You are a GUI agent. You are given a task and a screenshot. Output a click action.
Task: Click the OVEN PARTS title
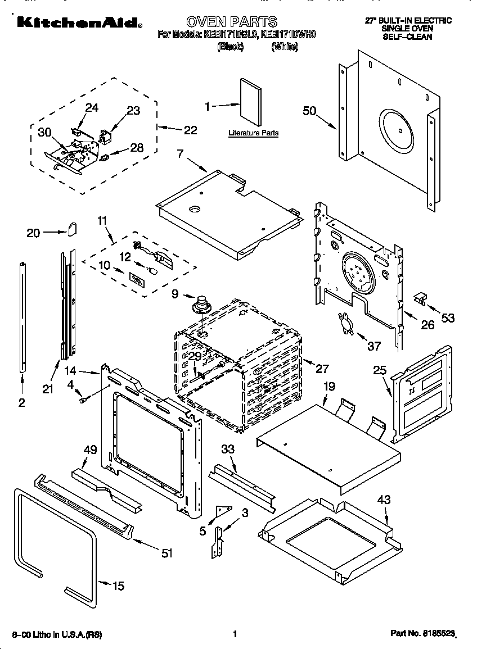[x=232, y=22]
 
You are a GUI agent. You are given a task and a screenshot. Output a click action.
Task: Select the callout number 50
[x=310, y=111]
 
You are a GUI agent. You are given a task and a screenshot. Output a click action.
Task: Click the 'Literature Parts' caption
[x=253, y=133]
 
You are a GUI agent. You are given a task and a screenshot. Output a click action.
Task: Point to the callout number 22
[x=191, y=130]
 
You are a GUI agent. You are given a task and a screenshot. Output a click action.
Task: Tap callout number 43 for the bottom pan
[x=384, y=500]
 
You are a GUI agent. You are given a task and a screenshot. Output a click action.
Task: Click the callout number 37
[x=374, y=346]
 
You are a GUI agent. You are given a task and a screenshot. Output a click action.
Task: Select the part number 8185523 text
[x=423, y=634]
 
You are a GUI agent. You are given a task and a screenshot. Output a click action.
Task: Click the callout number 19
[x=329, y=387]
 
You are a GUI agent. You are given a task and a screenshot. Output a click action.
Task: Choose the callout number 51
[x=166, y=553]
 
